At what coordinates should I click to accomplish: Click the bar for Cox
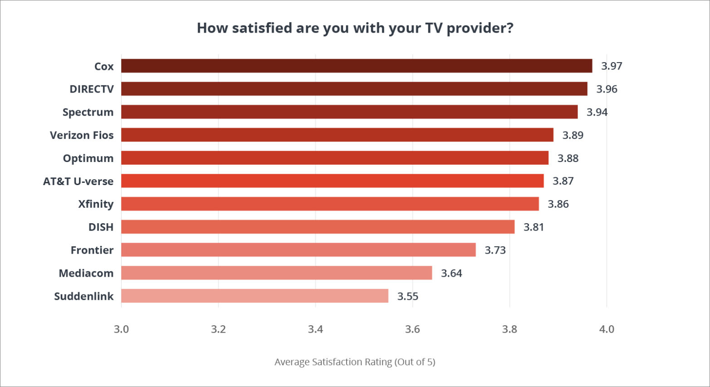[x=356, y=66]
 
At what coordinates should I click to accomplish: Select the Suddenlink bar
[x=255, y=296]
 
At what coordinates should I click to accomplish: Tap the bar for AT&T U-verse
[x=332, y=181]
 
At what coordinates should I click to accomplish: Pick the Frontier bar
[x=298, y=250]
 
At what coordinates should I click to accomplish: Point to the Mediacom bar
[x=276, y=273]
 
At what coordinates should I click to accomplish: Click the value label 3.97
[x=612, y=66]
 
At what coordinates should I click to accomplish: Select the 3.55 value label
[x=407, y=296]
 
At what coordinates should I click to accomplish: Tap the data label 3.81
[x=534, y=227]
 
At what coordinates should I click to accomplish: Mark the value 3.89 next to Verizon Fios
[x=573, y=135]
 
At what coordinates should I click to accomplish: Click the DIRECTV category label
[x=92, y=89]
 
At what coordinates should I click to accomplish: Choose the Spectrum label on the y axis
[x=88, y=112]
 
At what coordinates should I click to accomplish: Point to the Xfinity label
[x=96, y=204]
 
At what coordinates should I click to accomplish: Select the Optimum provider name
[x=88, y=158]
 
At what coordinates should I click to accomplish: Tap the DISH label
[x=101, y=227]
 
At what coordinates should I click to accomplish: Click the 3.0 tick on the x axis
[x=121, y=329]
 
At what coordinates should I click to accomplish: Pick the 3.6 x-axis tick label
[x=412, y=329]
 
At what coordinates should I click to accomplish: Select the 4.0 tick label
[x=607, y=329]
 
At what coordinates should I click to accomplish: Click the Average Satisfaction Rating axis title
[x=355, y=362]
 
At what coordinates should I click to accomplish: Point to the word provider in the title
[x=480, y=28]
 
